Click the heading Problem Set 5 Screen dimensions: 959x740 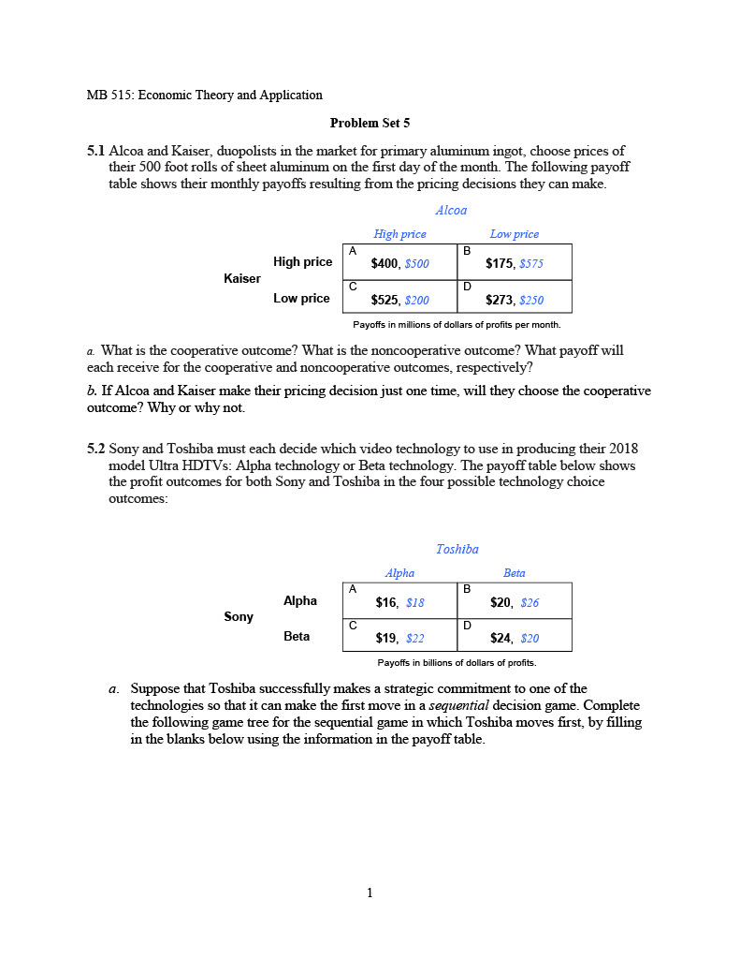(x=370, y=123)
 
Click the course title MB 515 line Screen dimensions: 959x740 (x=204, y=95)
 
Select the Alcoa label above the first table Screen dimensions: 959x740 (x=451, y=211)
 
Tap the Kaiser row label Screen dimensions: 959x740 (x=242, y=278)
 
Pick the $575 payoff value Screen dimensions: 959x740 (x=530, y=264)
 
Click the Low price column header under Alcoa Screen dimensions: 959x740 (x=514, y=234)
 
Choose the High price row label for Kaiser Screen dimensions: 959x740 (x=302, y=261)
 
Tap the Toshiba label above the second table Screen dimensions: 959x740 (x=457, y=550)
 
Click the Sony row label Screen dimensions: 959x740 (x=239, y=616)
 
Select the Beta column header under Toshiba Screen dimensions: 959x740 (x=514, y=573)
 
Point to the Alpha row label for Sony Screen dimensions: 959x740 (x=300, y=600)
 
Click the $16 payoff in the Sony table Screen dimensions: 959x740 (x=386, y=603)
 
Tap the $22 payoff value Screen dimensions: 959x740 (x=414, y=639)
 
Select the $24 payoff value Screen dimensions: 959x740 (x=501, y=639)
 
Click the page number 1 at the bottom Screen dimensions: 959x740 (x=370, y=893)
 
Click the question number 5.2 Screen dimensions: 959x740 (x=96, y=449)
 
